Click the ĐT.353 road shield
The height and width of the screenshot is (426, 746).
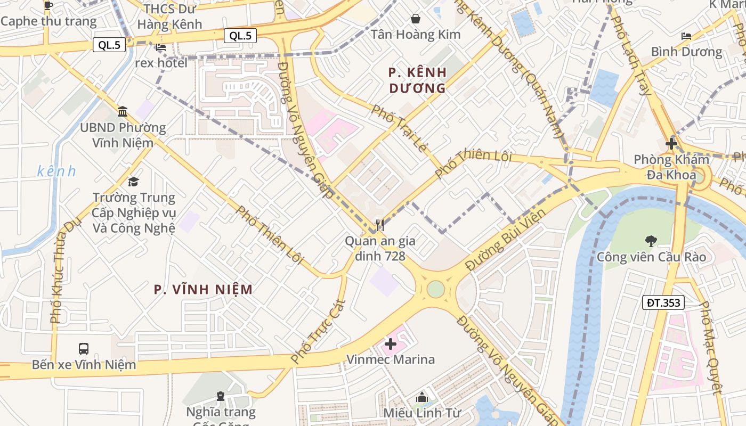tap(663, 303)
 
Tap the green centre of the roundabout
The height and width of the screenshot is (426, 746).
tap(435, 289)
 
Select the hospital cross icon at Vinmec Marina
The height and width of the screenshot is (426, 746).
tap(391, 344)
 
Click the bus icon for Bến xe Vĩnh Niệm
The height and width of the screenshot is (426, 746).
tap(84, 349)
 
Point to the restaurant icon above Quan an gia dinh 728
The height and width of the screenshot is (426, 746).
tap(379, 225)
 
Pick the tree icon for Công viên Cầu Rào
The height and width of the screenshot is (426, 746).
tap(651, 241)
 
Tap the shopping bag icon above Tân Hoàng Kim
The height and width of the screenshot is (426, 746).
tap(416, 19)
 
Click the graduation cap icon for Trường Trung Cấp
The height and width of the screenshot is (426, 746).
tap(133, 182)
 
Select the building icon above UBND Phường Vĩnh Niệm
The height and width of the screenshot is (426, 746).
tap(123, 112)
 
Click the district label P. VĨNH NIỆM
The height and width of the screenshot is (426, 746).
tap(203, 290)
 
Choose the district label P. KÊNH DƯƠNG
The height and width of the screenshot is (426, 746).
tap(417, 80)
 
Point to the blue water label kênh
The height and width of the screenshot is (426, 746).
tap(56, 171)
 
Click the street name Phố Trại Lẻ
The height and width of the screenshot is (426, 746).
tap(400, 128)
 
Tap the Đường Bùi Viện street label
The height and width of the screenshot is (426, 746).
tap(505, 239)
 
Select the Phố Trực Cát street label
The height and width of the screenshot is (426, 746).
tap(319, 332)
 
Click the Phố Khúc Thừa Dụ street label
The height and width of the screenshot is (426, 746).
tap(63, 277)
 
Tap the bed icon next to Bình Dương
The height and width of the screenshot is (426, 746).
tap(686, 36)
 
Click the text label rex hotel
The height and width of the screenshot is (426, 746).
tap(161, 63)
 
